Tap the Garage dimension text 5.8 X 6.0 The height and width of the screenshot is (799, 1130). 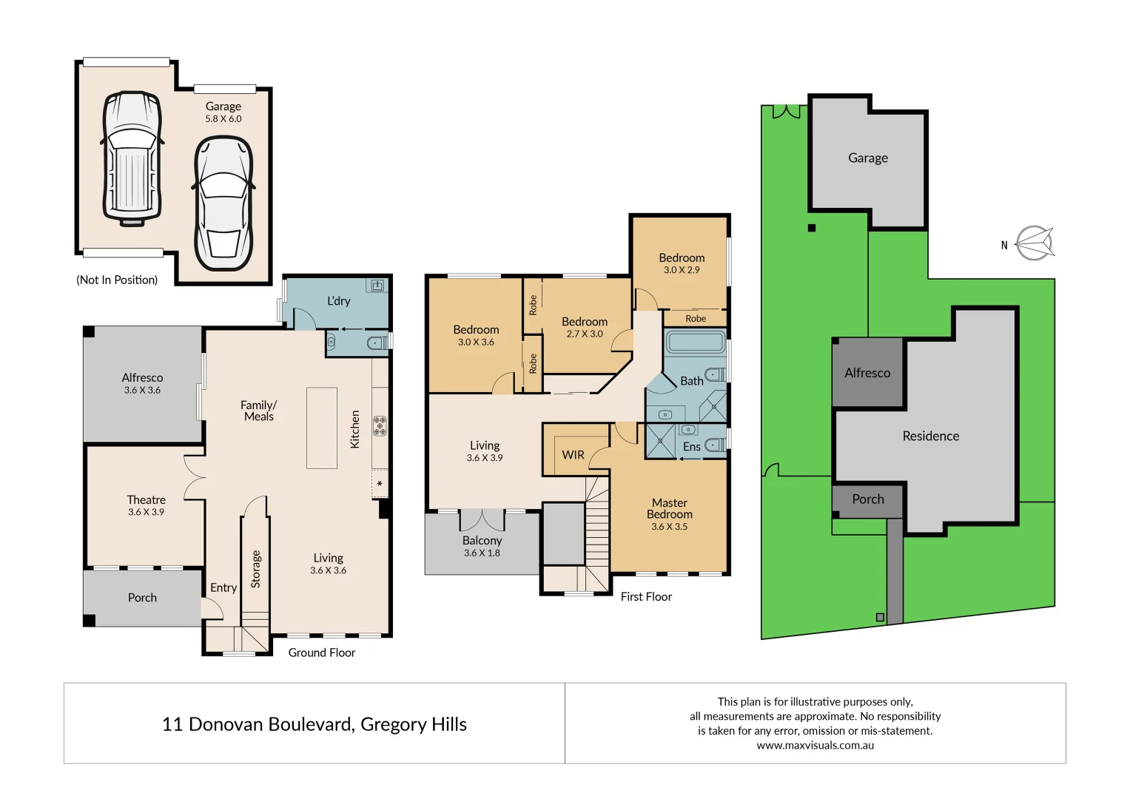point(223,119)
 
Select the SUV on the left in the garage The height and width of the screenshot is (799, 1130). point(132,158)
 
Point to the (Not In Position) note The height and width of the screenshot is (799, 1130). point(117,280)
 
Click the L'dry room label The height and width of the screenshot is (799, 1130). point(339,301)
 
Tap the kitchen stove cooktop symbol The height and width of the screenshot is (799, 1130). point(380,425)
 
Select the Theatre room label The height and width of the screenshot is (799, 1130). point(146,500)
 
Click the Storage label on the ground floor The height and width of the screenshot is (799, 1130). point(256,569)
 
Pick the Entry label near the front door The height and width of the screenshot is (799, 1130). point(223,588)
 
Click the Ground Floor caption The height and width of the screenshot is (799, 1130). point(321,653)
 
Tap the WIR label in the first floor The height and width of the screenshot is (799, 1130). point(573,455)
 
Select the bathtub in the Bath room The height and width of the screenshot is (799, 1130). point(695,342)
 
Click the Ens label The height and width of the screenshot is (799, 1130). point(691,447)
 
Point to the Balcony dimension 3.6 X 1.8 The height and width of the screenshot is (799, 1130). point(482,553)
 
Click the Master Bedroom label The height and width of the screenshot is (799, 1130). point(669,508)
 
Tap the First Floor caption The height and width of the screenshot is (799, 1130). point(646,597)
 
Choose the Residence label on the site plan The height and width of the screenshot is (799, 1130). point(930,436)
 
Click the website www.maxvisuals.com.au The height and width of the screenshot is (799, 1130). point(815,746)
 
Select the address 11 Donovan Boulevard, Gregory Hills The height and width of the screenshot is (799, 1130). point(314,724)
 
